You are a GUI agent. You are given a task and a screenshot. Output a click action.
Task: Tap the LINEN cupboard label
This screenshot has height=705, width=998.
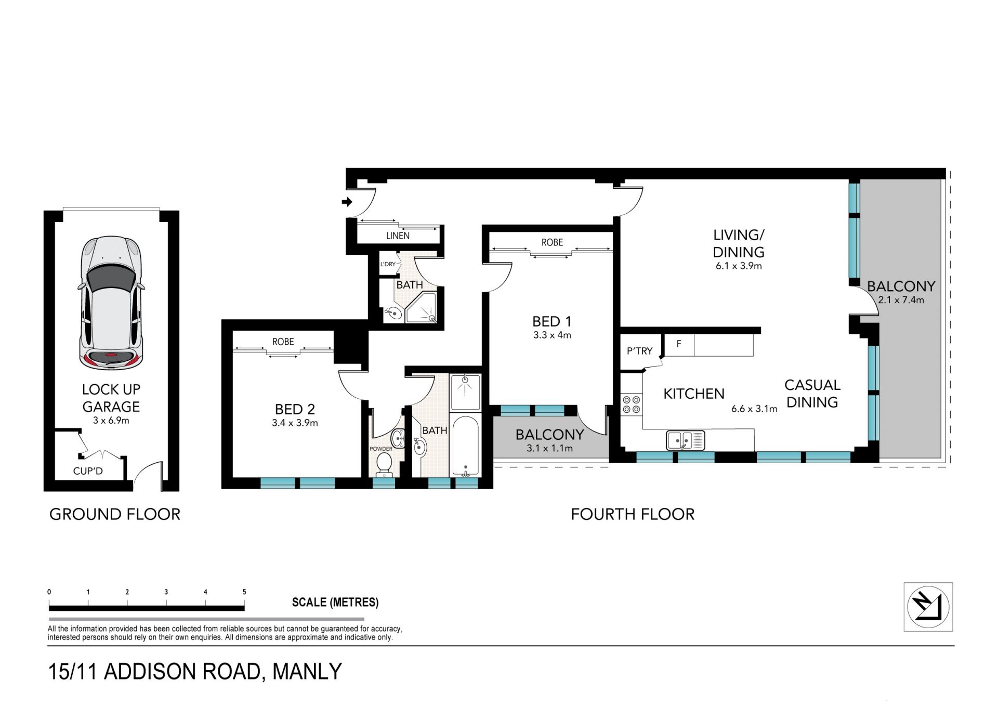398,236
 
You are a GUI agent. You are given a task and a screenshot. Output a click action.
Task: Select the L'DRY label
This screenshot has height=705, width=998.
388,264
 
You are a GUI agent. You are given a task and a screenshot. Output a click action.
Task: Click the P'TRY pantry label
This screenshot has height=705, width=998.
639,351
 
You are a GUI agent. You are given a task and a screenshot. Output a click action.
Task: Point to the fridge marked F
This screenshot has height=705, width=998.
679,345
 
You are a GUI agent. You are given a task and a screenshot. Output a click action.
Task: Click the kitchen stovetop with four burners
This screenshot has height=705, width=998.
632,404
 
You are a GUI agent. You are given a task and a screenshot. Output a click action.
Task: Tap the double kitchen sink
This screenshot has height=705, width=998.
686,440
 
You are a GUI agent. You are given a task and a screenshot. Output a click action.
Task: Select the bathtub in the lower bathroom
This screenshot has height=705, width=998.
465,446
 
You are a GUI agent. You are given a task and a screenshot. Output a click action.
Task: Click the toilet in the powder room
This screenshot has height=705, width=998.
384,463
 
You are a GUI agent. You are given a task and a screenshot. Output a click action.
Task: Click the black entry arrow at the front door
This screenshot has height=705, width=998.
347,202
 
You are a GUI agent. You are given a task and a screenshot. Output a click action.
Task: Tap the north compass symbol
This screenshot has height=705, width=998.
928,607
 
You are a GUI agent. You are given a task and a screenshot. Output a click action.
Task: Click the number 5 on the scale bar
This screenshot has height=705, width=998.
244,592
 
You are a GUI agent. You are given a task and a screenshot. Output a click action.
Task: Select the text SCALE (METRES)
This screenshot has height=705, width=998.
335,602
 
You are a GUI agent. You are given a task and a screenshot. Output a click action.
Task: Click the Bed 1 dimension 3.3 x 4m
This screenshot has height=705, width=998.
552,335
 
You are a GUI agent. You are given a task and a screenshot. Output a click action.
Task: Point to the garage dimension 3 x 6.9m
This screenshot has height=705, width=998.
111,420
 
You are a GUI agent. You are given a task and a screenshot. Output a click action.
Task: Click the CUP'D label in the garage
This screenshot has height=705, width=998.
88,471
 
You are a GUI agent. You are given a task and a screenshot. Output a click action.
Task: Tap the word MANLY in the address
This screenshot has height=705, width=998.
307,671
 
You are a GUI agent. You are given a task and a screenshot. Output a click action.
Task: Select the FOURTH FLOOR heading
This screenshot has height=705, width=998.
633,514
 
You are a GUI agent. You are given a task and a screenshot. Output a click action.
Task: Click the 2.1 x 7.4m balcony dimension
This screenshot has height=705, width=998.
901,300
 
